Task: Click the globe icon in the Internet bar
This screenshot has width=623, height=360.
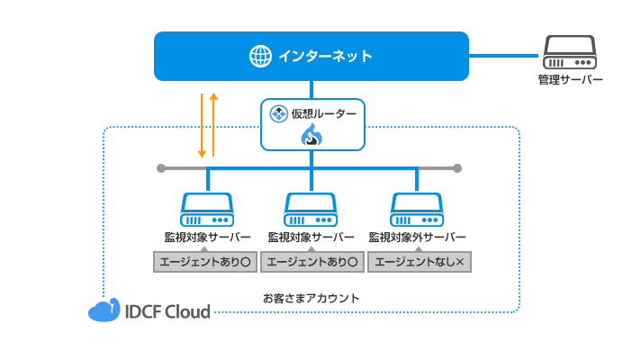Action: [260, 57]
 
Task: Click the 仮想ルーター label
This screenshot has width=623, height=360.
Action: [323, 113]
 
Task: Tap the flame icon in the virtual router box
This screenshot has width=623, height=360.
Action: [311, 136]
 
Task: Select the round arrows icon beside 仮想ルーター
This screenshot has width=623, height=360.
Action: [277, 113]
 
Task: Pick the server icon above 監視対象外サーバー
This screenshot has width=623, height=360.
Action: [418, 210]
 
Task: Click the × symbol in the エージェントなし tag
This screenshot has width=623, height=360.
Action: [461, 262]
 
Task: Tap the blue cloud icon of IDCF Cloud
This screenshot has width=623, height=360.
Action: [104, 310]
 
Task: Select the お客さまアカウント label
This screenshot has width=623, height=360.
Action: [311, 297]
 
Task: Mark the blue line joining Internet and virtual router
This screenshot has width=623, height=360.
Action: [311, 88]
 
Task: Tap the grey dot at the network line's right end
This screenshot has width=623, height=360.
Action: [457, 168]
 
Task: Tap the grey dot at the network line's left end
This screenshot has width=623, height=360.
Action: [161, 168]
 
